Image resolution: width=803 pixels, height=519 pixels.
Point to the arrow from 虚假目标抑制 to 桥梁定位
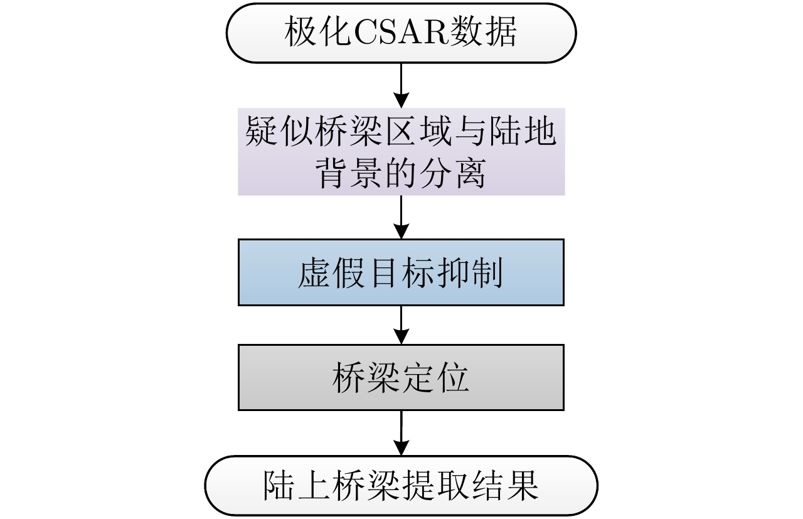coord(401,324)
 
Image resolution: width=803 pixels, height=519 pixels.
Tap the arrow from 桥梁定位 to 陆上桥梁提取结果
coord(401,432)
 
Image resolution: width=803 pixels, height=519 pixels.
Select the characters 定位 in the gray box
coord(435,377)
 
